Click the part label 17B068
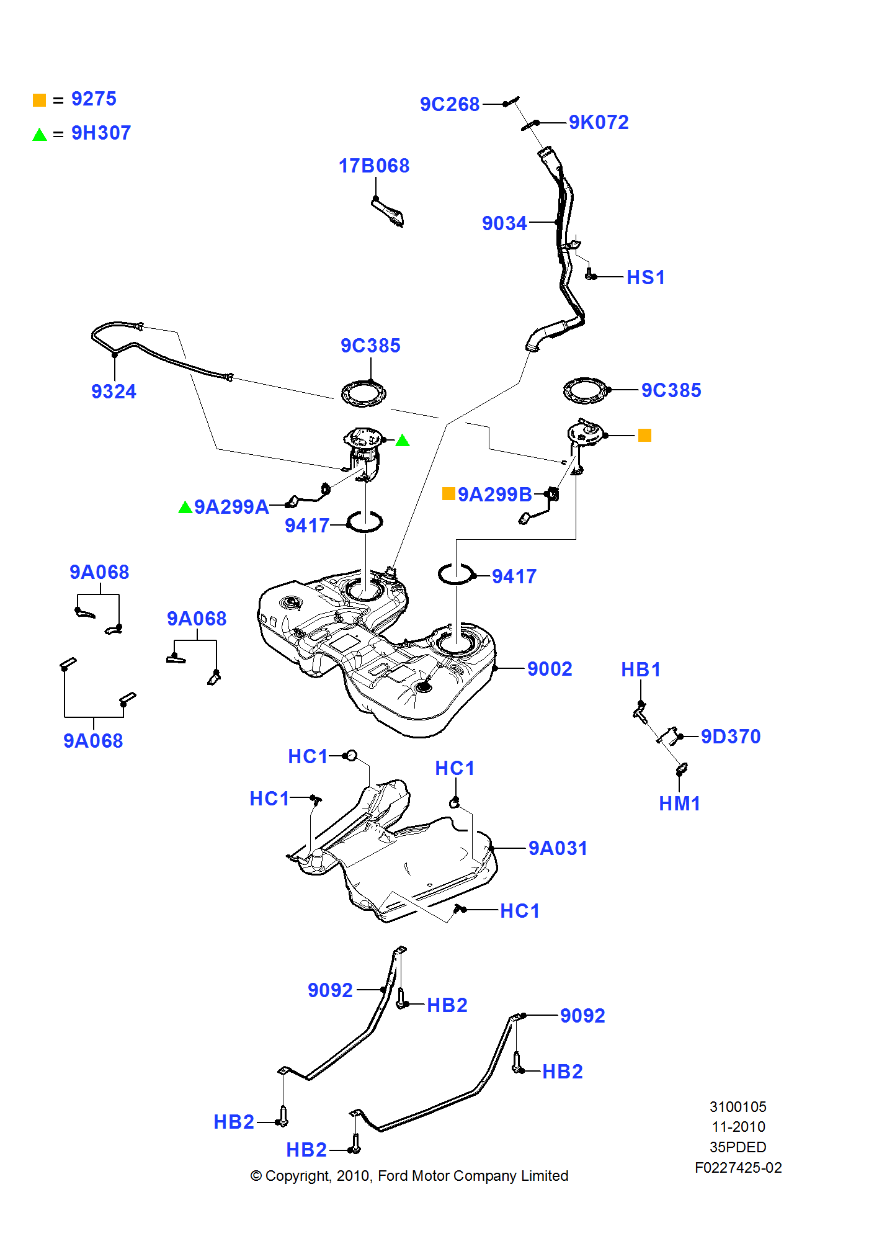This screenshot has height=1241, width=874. click(x=373, y=166)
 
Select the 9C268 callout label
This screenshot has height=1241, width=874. click(x=450, y=104)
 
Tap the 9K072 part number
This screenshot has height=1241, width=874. click(x=599, y=122)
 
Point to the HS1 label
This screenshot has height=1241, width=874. click(x=646, y=277)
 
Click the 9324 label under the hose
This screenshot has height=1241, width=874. click(x=114, y=392)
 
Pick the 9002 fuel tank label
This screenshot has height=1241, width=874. click(x=550, y=669)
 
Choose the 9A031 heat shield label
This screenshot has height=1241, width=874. click(x=558, y=848)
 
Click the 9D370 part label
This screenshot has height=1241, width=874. click(x=731, y=737)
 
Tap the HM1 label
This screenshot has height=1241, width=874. click(x=679, y=804)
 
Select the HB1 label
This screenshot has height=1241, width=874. click(x=641, y=670)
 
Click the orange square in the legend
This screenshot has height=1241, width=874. click(x=39, y=100)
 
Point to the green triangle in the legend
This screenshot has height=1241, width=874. click(x=40, y=135)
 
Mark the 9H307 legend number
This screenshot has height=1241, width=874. click(x=101, y=133)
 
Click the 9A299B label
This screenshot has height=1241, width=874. click(x=494, y=495)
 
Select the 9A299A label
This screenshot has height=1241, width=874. click(x=231, y=507)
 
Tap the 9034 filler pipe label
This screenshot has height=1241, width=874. click(x=504, y=223)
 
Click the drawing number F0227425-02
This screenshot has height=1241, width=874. click(x=738, y=1168)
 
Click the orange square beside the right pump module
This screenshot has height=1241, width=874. click(x=644, y=436)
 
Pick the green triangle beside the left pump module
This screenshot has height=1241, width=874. click(x=403, y=441)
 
